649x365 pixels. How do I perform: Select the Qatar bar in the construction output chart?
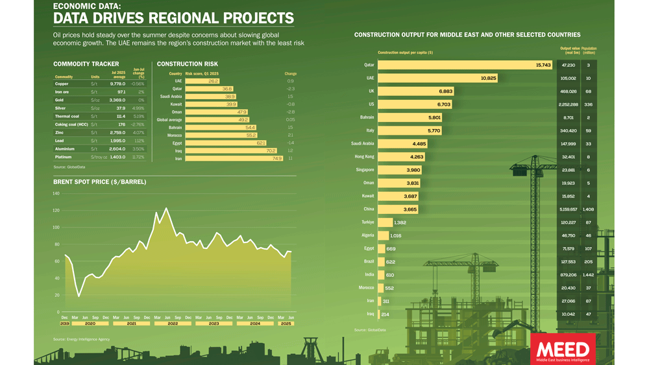[x=465, y=65]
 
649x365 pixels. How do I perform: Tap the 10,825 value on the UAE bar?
[x=489, y=78]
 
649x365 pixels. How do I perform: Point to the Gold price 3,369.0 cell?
[x=117, y=100]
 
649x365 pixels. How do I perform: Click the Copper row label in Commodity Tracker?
[x=62, y=84]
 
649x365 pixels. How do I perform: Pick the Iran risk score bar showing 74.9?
[x=234, y=158]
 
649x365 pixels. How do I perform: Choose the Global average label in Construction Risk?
[x=169, y=120]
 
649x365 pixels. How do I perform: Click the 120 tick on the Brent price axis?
[x=56, y=211]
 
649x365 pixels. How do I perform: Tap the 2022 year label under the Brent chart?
[x=173, y=323]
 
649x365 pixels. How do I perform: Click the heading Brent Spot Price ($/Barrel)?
[x=99, y=182]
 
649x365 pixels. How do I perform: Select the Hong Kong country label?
[x=364, y=157]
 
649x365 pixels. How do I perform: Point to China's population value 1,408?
[x=588, y=209]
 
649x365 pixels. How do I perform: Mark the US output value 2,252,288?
[x=568, y=104]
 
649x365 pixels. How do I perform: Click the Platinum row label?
[x=64, y=157]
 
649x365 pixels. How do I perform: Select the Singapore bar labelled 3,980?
[x=399, y=170]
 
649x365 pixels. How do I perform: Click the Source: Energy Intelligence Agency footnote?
[x=81, y=339]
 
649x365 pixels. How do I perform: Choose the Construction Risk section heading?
[x=188, y=64]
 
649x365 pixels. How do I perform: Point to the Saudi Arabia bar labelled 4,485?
[x=402, y=144]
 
